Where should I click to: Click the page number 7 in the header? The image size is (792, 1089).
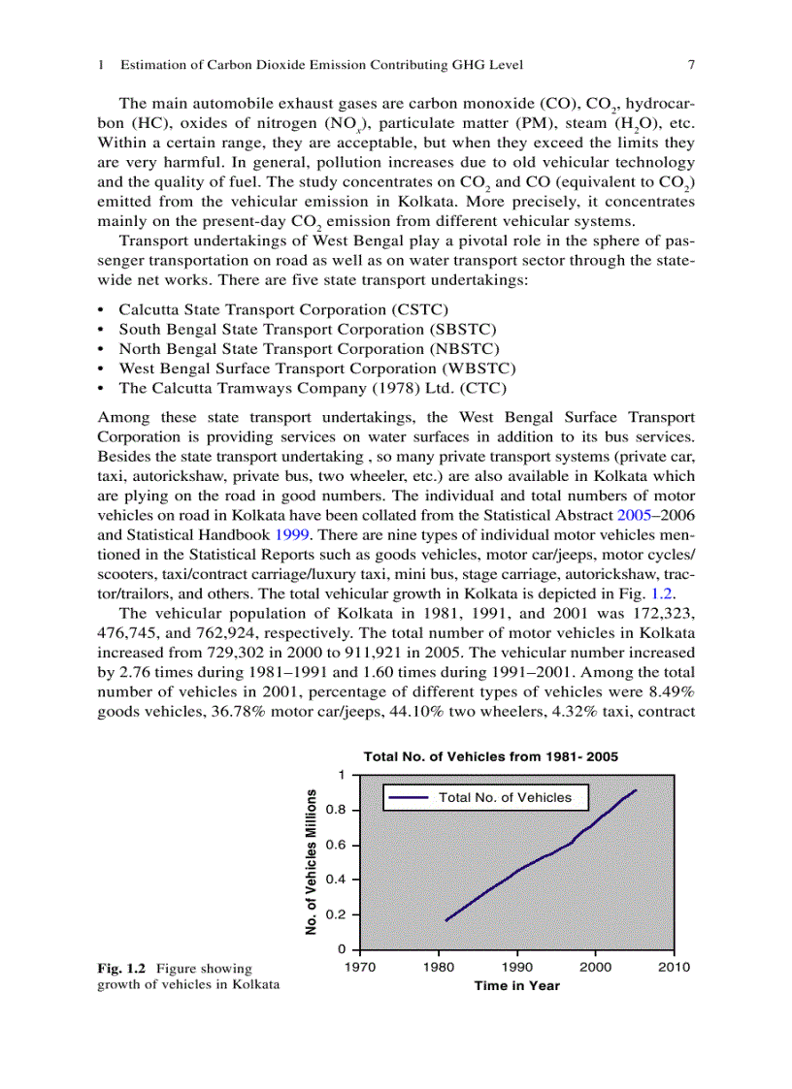tap(691, 65)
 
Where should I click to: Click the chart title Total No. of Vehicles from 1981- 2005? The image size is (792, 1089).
tap(490, 756)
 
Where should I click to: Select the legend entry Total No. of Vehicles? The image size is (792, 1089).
tap(505, 797)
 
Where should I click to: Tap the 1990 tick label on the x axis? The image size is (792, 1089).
tap(517, 967)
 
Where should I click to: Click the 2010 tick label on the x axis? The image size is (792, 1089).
tap(674, 967)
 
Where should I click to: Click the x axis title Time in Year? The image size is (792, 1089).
tap(516, 985)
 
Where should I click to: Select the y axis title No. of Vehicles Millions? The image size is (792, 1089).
tap(312, 862)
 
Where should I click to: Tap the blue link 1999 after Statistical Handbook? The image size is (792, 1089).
tap(291, 534)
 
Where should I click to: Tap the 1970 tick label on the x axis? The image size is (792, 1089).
tap(360, 967)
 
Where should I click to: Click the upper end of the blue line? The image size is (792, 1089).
tap(636, 790)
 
